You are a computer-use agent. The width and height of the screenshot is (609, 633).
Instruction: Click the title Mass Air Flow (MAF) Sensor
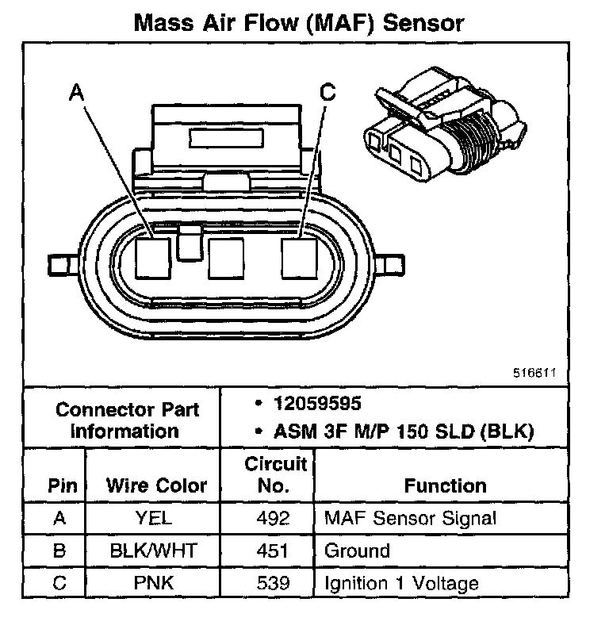(298, 21)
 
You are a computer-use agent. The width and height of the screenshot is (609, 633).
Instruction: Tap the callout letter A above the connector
(77, 94)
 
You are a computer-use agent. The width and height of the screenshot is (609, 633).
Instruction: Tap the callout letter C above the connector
(327, 94)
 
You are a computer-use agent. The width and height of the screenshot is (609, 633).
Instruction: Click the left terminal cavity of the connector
(153, 256)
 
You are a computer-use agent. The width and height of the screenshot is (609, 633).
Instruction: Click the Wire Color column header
(156, 485)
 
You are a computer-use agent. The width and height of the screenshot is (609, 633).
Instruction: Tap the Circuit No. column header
(274, 474)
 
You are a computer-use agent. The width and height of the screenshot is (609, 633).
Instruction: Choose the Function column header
(445, 485)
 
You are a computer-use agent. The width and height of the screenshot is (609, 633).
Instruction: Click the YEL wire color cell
(155, 519)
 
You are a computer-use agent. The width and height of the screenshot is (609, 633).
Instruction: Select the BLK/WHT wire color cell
(155, 551)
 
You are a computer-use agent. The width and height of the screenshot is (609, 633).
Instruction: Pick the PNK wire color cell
(155, 584)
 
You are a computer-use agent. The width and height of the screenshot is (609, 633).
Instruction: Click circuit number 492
(274, 519)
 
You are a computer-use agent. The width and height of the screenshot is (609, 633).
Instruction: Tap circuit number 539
(274, 584)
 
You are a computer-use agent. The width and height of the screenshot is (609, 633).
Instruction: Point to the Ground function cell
(357, 551)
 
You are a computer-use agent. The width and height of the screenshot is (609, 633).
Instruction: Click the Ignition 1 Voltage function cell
(401, 584)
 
